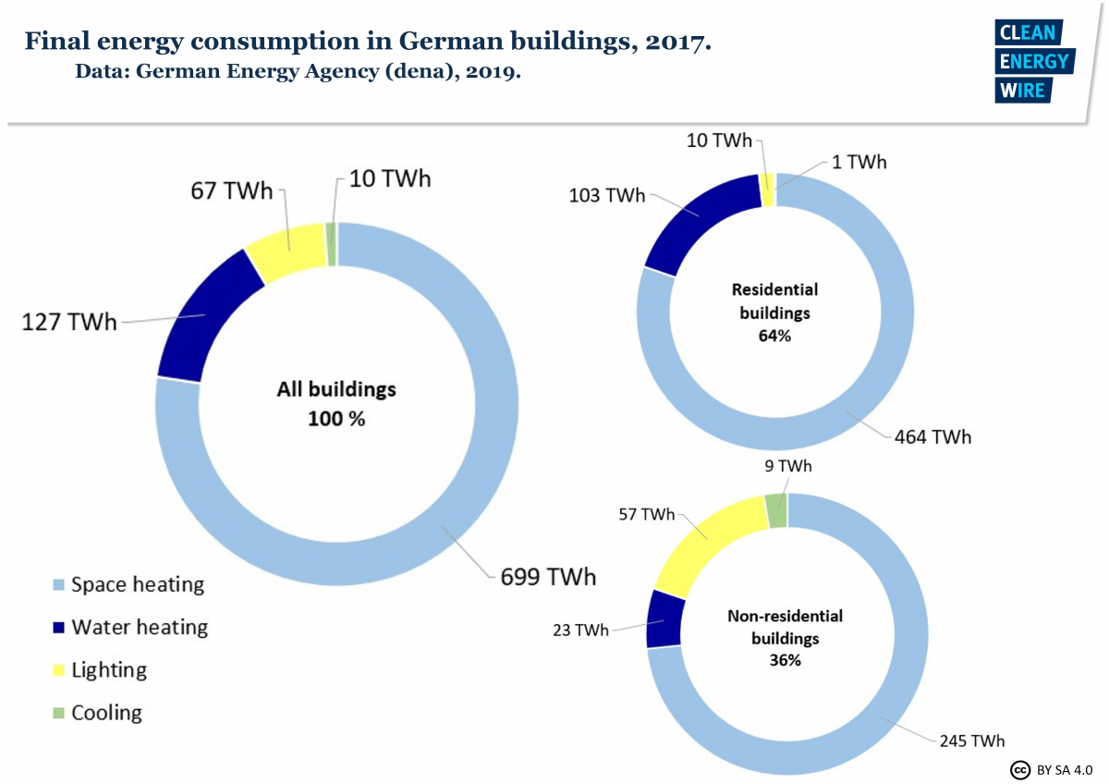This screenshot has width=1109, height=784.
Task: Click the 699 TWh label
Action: pos(548,577)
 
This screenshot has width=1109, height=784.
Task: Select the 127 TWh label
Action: pos(70,323)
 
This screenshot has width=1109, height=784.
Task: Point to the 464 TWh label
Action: pos(932,436)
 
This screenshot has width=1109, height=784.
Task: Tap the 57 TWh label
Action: pos(646,514)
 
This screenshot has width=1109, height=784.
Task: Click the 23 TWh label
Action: pos(579,631)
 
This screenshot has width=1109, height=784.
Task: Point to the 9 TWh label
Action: pos(787,467)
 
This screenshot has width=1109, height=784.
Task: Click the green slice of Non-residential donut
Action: pos(776,511)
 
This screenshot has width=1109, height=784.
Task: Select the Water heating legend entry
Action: pos(129,628)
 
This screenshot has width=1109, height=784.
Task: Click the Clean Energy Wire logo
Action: pos(1033,61)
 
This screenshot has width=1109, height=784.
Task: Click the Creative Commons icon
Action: pos(1020,769)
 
